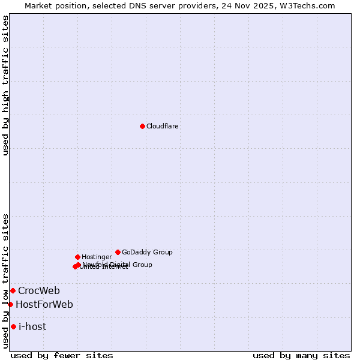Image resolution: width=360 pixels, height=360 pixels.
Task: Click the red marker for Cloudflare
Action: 142,126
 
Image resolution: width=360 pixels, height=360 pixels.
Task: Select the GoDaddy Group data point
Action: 118,252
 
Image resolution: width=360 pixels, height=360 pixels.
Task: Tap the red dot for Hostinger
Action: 77,257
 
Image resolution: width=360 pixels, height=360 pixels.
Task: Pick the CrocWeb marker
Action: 13,290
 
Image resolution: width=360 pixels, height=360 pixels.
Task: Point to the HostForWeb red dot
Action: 10,304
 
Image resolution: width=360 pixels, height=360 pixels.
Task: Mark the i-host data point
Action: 13,326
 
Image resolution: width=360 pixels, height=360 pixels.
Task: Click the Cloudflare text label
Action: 162,126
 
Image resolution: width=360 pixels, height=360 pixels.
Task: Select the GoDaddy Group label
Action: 147,252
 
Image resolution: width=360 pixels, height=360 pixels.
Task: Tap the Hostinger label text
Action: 97,257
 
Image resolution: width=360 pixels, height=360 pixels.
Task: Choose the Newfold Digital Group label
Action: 117,265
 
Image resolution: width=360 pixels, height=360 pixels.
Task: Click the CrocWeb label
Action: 39,291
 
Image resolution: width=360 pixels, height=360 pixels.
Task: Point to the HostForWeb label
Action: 44,305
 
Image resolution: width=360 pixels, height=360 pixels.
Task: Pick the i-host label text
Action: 32,327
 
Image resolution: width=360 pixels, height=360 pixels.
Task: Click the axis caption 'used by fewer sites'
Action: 62,355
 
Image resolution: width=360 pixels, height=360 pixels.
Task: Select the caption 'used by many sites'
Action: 301,355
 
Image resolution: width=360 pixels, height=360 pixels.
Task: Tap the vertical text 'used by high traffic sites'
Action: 5,85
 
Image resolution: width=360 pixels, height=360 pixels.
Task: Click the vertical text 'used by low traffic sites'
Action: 5,281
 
